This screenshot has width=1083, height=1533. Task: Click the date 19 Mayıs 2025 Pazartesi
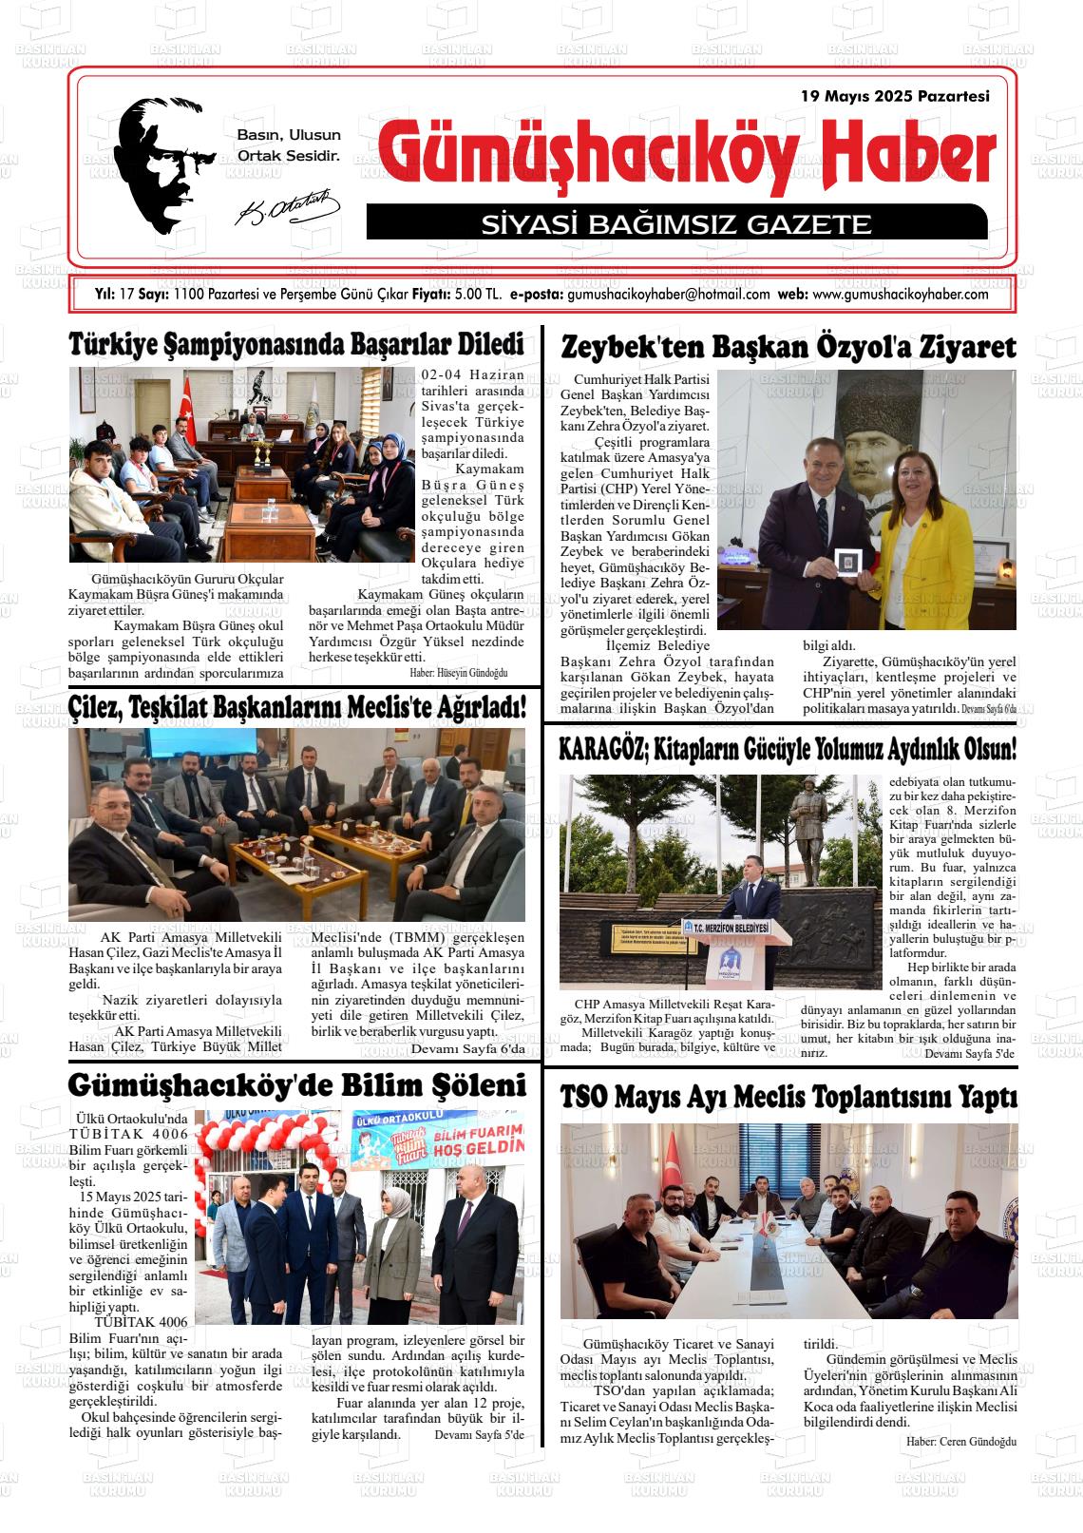895,96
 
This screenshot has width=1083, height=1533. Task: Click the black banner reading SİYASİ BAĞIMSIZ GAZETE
676,224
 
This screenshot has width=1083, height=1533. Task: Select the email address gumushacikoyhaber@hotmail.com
668,295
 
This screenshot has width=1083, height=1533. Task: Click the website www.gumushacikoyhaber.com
901,295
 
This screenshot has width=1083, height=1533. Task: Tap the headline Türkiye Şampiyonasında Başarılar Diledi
296,344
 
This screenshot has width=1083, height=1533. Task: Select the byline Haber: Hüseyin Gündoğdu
459,673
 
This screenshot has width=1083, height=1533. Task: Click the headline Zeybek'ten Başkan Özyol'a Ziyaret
788,348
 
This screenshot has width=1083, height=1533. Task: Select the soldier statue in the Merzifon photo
813,836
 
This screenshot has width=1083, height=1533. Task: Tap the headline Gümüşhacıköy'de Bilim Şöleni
296,1085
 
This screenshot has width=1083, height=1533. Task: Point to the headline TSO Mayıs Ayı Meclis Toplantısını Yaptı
788,1098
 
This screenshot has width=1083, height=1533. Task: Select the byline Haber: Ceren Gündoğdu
961,1442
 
